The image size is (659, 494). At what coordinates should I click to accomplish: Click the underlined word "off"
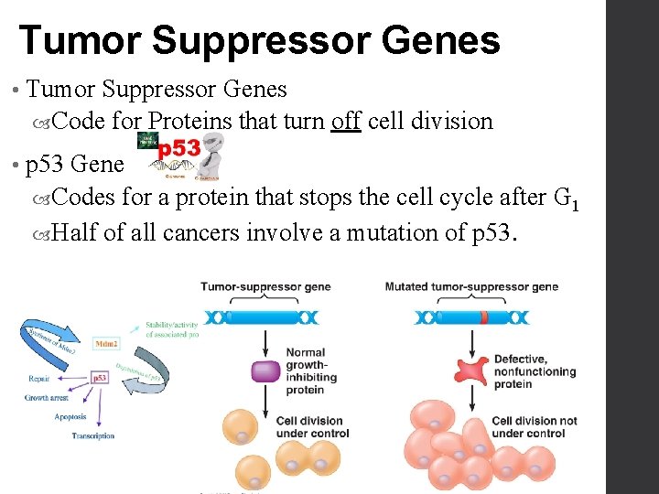pos(345,121)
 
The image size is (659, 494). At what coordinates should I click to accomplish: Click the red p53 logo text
pos(179,148)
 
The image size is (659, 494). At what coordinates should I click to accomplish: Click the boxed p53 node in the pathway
pos(100,377)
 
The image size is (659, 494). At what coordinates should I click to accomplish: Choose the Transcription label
pos(93,435)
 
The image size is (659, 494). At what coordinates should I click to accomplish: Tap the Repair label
pos(39,376)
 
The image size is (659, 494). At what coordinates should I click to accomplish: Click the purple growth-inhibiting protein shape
pos(265,370)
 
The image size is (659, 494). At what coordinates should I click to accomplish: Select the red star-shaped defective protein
pos(470,370)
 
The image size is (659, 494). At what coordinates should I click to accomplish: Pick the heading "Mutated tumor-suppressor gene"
pos(471,286)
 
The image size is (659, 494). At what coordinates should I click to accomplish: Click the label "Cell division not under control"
pos(535,427)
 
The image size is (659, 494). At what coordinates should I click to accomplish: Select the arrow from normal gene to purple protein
pos(265,342)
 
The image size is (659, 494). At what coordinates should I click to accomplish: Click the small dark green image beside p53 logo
pos(146,140)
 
